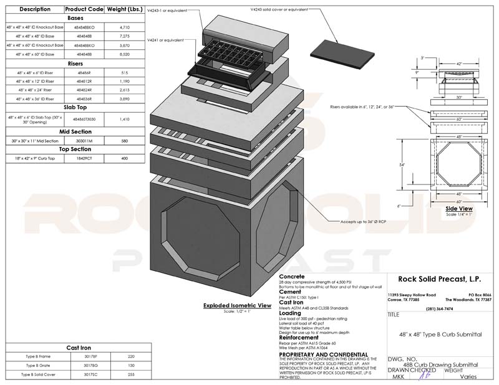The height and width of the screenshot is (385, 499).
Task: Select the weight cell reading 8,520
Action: point(124,54)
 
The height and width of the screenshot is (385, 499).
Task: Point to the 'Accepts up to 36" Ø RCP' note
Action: point(362,221)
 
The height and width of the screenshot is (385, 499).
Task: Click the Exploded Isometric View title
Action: point(238,305)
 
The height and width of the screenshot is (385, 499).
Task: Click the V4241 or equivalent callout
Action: point(166,40)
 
